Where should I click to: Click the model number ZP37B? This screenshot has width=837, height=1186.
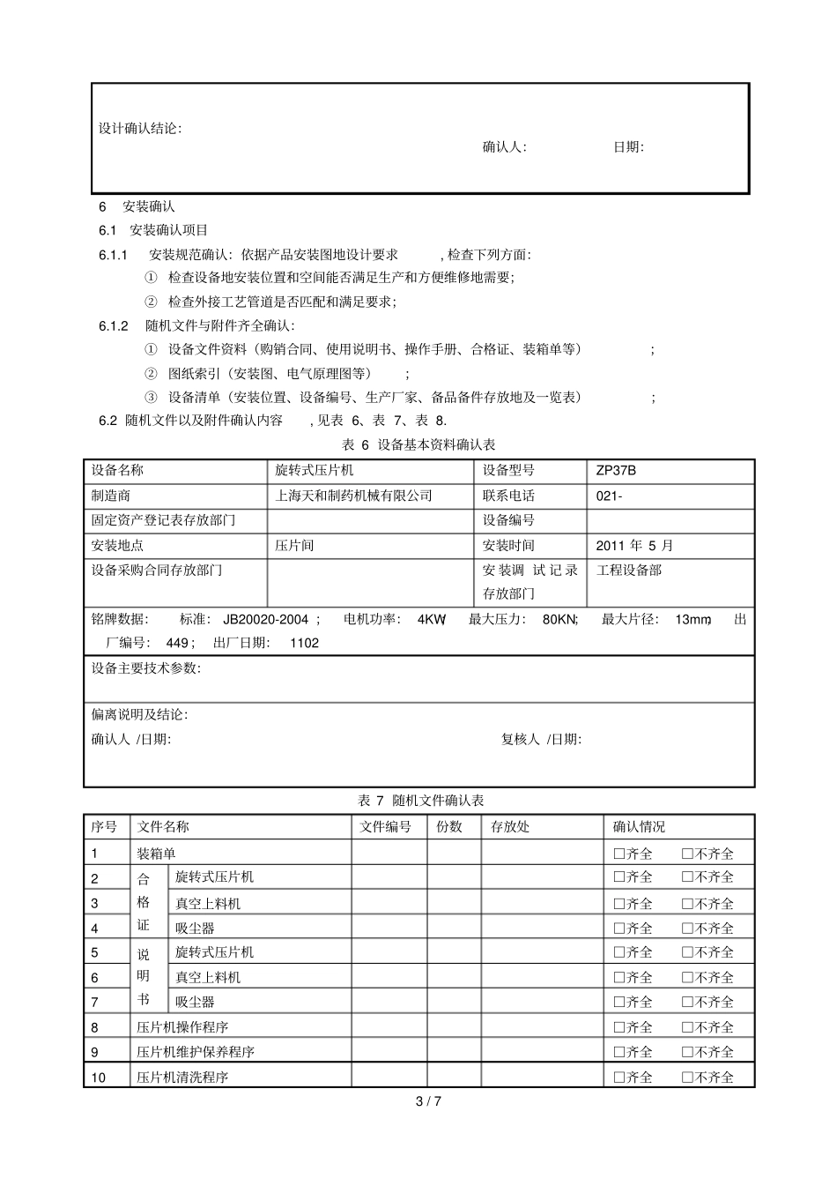point(616,471)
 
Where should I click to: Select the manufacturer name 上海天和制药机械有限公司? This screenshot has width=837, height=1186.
point(353,496)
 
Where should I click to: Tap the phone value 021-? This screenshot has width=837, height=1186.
point(609,496)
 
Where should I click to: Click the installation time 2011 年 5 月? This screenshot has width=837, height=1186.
point(634,546)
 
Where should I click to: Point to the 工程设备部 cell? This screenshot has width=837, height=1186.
point(629,571)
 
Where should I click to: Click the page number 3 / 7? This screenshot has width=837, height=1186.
point(427,1100)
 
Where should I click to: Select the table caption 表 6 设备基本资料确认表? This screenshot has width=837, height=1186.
point(418,445)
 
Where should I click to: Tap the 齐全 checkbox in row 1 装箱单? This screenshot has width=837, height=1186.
point(618,854)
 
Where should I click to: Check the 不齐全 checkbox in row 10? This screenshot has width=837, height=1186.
point(687,1078)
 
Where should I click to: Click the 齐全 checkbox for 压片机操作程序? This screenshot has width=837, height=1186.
point(618,1027)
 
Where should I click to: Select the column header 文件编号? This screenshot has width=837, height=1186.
point(386,827)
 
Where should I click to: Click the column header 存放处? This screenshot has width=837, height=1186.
point(510,827)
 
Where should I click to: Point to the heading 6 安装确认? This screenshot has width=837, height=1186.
point(137,206)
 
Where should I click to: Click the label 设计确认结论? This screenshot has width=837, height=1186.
point(140,129)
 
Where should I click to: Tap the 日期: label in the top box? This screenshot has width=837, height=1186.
point(628,147)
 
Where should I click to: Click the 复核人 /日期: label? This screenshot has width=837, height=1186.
point(541,739)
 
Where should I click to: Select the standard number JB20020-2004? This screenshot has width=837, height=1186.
point(265,620)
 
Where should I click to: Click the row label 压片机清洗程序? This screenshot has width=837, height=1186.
point(182,1078)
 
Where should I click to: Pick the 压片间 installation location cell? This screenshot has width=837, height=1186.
point(294,546)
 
